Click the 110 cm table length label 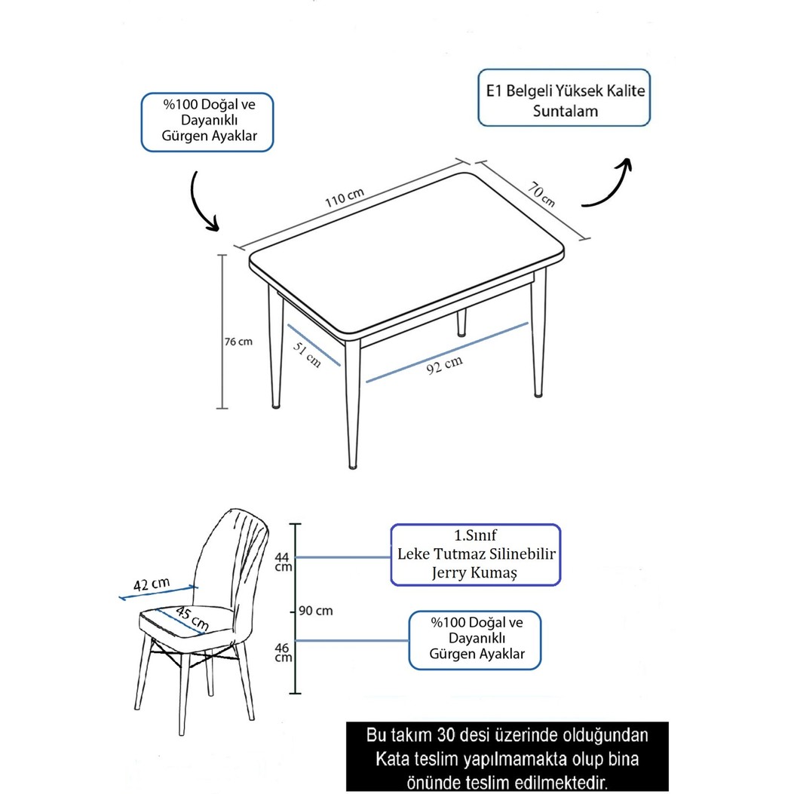345,198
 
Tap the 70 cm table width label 541,194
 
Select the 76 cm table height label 238,342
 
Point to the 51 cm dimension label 307,354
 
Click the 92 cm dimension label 444,365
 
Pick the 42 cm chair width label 152,584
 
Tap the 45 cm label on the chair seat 192,619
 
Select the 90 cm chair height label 315,611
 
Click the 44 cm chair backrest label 283,562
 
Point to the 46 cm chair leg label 283,652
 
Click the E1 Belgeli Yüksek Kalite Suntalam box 564,98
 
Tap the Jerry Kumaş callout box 476,555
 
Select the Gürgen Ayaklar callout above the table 207,122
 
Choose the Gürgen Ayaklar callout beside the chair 475,640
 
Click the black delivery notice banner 507,756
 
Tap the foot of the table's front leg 353,464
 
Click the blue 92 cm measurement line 446,352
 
